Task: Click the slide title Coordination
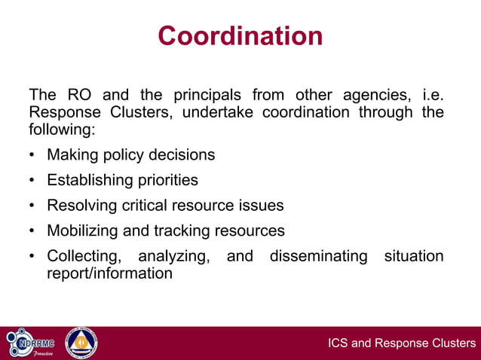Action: pos(240,35)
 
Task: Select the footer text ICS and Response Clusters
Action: pos(402,344)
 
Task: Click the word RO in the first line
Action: pos(79,96)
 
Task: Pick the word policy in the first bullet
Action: pos(127,154)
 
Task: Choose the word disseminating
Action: pos(319,256)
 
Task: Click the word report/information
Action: pos(110,273)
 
